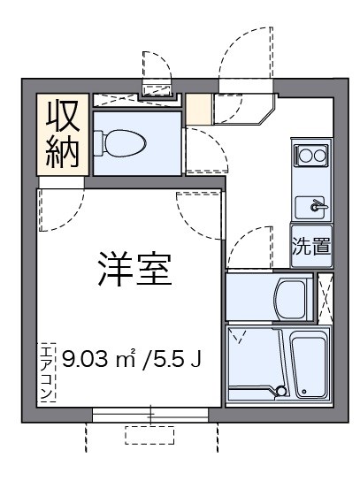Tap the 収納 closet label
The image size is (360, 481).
coord(63,134)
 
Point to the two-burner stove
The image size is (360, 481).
coord(311,156)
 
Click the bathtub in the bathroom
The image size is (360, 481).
coord(310,368)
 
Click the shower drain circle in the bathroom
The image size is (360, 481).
coord(281,391)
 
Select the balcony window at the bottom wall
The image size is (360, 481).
coord(150,414)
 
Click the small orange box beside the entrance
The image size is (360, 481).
coord(199,109)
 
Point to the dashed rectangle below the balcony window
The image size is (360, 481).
coord(149,436)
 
